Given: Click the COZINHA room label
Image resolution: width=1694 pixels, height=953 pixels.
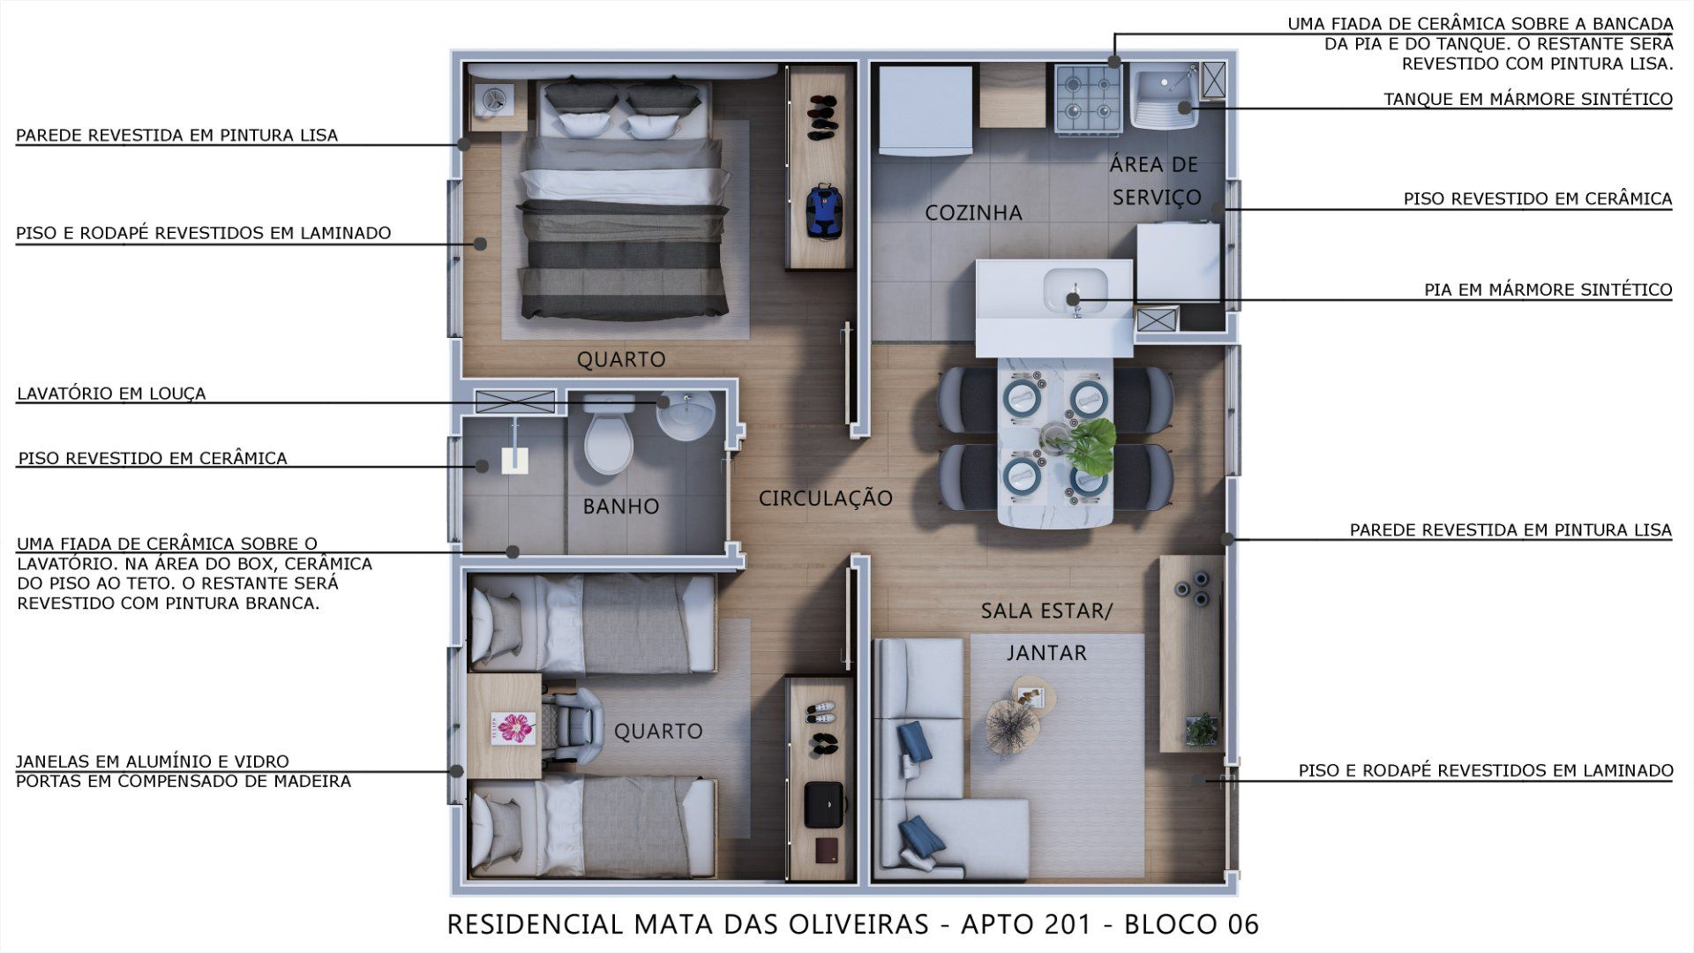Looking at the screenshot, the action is click(973, 213).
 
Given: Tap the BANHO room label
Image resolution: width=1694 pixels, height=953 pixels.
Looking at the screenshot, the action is click(621, 507).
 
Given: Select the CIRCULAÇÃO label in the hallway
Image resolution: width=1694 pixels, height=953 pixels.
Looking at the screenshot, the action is click(826, 499).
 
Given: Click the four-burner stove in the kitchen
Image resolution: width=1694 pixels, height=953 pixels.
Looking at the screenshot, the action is click(1089, 99).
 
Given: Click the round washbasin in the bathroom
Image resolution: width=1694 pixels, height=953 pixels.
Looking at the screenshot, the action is click(686, 416).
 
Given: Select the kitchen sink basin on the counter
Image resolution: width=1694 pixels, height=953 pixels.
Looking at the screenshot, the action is click(1075, 290).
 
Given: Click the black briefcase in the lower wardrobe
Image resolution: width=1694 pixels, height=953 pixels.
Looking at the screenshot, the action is click(825, 800).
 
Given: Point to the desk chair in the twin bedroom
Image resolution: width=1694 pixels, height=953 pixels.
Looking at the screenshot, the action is click(574, 726).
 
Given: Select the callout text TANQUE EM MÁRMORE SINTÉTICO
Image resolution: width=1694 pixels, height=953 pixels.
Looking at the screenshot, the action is click(1528, 100).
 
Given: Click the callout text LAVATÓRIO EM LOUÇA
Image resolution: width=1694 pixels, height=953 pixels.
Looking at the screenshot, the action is click(111, 394).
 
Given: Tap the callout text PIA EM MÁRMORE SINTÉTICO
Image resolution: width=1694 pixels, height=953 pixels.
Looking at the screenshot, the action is click(1548, 290).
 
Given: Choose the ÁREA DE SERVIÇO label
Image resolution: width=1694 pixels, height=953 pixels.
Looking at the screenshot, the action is click(1155, 181).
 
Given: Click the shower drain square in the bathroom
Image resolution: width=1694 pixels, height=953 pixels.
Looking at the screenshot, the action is click(514, 461).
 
